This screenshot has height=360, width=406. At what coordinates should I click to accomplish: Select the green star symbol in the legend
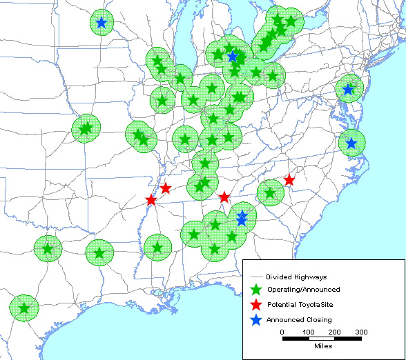pos(256,290)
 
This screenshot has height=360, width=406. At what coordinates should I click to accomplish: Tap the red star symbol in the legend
pos(256,305)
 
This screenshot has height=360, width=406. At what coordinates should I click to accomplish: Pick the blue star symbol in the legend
pos(256,320)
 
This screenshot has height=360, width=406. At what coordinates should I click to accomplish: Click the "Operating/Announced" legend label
pos(298,290)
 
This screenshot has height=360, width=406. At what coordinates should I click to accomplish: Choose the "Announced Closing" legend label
pos(299,320)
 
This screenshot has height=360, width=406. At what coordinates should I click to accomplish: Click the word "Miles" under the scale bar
pos(322,346)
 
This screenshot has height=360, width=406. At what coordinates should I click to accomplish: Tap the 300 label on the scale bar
pos(360,332)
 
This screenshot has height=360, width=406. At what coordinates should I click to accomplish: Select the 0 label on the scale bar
pos(282,332)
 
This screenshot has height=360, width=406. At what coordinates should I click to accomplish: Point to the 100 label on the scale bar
pos(308,332)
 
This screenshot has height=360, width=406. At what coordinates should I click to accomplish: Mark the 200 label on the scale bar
pos(335,332)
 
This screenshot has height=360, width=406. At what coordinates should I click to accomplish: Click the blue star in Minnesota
pos(101,23)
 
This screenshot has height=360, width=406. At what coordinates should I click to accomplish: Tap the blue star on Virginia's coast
pos(351,143)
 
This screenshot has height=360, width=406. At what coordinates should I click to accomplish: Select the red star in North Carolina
pos(289,180)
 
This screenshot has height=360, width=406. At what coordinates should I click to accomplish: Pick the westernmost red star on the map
pos(151,200)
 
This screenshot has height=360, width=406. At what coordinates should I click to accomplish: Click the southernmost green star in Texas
pos(24,308)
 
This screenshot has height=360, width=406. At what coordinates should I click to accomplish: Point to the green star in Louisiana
pos(157,247)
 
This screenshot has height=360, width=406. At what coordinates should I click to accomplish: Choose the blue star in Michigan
pos(233,56)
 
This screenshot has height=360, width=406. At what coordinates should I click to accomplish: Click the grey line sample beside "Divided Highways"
pos(255,277)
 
